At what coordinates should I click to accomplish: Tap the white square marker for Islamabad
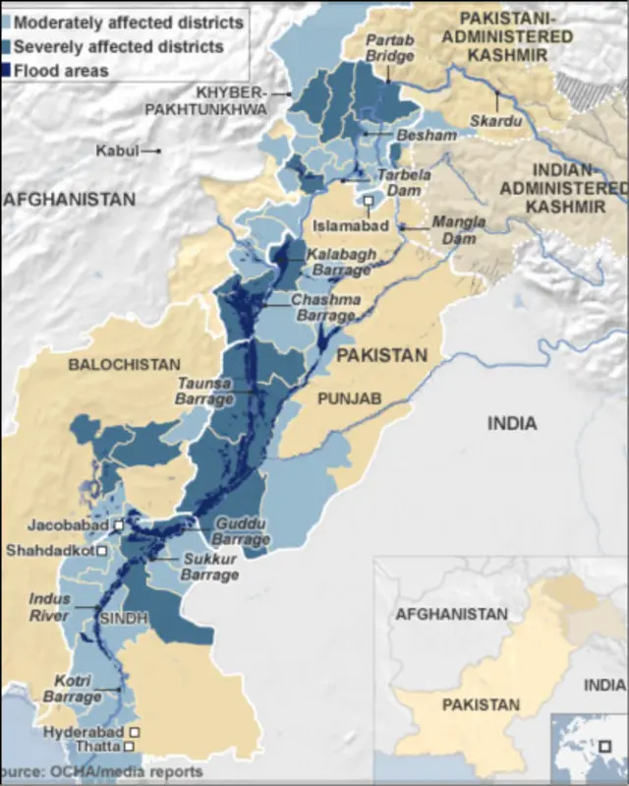369,204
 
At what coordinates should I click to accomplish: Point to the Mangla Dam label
459,229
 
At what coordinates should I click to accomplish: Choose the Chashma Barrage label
324,308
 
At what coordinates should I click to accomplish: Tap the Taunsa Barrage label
204,392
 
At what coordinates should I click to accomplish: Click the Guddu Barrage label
242,532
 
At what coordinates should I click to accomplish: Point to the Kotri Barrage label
72,689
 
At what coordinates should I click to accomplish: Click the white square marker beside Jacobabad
119,526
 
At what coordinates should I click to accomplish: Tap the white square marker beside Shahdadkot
102,551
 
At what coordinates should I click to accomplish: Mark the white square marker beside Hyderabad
135,733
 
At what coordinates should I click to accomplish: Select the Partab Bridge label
390,47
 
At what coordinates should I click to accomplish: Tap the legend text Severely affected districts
118,46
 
